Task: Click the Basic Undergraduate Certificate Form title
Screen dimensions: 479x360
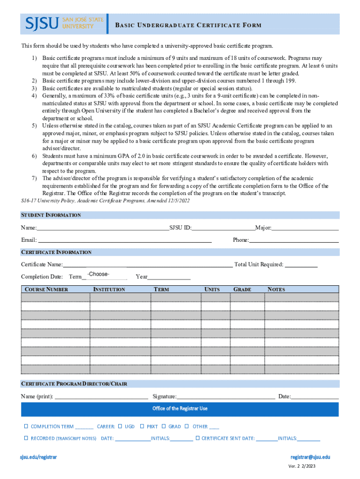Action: click(188, 25)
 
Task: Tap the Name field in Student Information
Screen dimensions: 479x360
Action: click(102, 228)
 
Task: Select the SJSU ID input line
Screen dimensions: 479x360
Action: click(223, 228)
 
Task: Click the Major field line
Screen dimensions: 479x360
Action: click(305, 228)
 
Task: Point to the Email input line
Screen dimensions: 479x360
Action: click(124, 240)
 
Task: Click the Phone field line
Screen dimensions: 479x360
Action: click(294, 240)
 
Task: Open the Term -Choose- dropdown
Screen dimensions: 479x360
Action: click(104, 275)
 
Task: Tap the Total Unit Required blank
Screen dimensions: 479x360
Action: click(301, 265)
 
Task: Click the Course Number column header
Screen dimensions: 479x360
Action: click(46, 290)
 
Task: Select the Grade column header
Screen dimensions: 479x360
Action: click(242, 290)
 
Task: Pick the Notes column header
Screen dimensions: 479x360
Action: click(276, 290)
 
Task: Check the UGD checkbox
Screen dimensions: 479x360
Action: click(120, 426)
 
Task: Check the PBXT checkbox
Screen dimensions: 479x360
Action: click(142, 426)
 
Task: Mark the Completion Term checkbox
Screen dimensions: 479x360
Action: click(26, 426)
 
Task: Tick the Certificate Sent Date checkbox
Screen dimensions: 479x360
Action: click(197, 438)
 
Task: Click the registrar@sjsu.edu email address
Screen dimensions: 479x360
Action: click(310, 457)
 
